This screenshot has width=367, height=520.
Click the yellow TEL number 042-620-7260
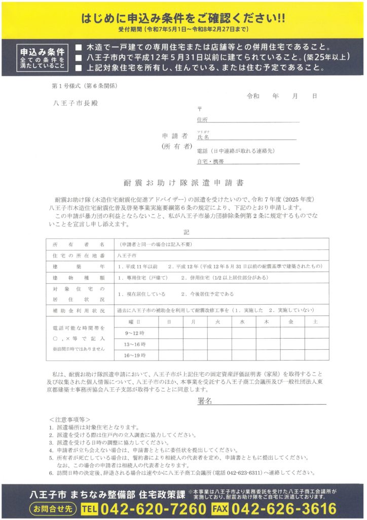pos(152,508)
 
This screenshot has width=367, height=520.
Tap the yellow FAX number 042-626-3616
pos(287,508)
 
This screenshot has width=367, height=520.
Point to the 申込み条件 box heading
pos(42,52)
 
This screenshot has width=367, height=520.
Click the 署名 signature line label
pos(205,401)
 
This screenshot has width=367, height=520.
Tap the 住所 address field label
pos(202,120)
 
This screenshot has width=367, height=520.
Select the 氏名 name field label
pos(203,137)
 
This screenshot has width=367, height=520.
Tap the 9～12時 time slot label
pos(134,333)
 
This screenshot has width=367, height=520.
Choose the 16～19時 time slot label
pos(134,355)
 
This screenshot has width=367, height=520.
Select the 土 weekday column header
pos(315,321)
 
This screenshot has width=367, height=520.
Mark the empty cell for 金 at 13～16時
pos(290,344)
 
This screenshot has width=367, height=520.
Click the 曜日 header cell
pos(134,321)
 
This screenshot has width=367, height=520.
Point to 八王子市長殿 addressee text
pos(76,103)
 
